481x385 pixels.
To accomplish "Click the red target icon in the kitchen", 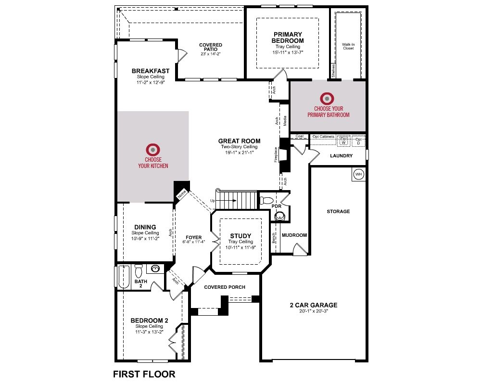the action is pyautogui.click(x=153, y=150).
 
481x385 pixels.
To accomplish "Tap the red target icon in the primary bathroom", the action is pyautogui.click(x=327, y=99).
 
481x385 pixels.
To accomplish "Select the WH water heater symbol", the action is pyautogui.click(x=359, y=174).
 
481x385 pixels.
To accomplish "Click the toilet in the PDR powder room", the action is pyautogui.click(x=266, y=201).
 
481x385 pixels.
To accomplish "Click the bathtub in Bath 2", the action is pyautogui.click(x=124, y=277).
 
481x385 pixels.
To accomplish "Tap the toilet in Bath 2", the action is pyautogui.click(x=139, y=270).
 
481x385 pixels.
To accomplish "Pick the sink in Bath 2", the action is pyautogui.click(x=155, y=269).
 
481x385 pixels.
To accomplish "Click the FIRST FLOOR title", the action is pyautogui.click(x=144, y=374).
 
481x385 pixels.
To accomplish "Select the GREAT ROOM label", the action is pyautogui.click(x=239, y=141).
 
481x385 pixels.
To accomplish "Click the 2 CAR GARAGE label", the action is pyautogui.click(x=314, y=305).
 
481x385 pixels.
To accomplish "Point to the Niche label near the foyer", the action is pyautogui.click(x=182, y=194).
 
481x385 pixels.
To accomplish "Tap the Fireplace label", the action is pyautogui.click(x=276, y=155).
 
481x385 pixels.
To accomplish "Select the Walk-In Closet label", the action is pyautogui.click(x=348, y=46).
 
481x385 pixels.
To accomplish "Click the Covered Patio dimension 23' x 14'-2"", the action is pyautogui.click(x=211, y=54).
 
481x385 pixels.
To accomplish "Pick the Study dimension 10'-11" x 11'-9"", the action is pyautogui.click(x=240, y=247).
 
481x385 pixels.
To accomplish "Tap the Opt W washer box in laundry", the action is pyautogui.click(x=343, y=141).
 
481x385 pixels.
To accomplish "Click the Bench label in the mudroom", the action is pyautogui.click(x=273, y=238).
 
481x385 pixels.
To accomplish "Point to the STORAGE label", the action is pyautogui.click(x=338, y=211).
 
